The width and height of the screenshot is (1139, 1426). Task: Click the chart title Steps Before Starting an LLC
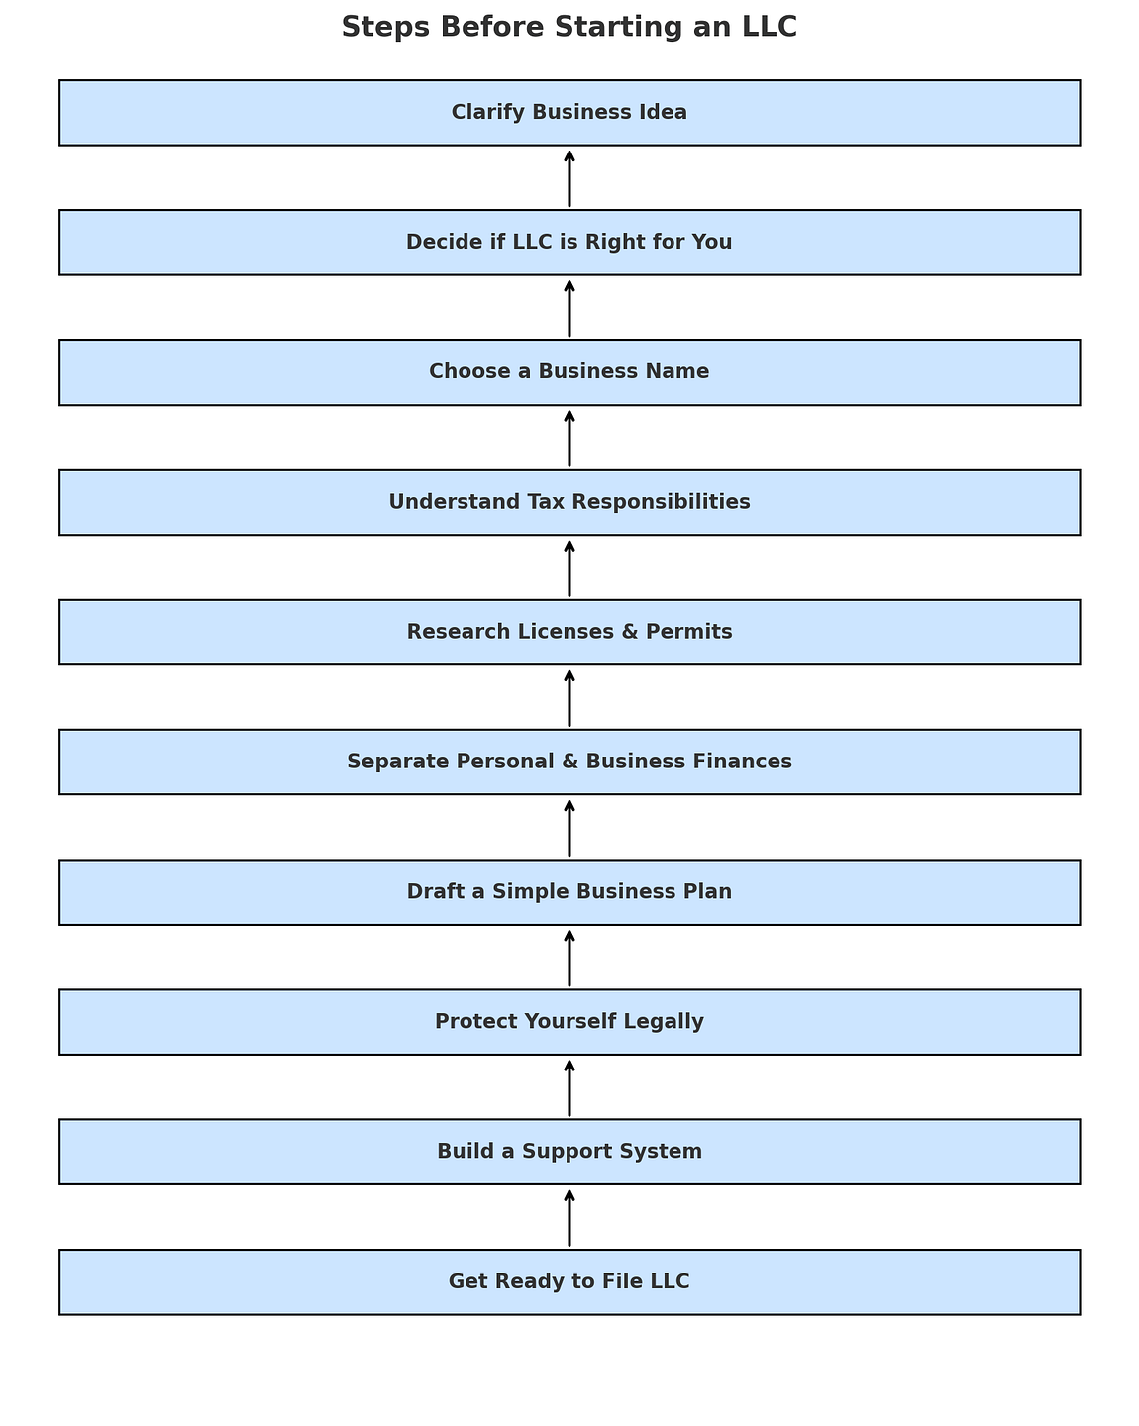coord(569,27)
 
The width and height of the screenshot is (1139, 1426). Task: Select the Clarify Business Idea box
coord(569,113)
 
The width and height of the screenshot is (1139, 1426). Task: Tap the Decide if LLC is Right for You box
coord(569,243)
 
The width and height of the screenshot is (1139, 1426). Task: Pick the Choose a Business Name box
coord(569,372)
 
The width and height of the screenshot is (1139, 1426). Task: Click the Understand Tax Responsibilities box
coord(569,503)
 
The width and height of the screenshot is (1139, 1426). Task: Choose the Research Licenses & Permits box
coord(569,633)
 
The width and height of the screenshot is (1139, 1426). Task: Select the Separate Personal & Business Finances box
coord(569,763)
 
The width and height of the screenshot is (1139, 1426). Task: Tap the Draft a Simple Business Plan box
coord(569,892)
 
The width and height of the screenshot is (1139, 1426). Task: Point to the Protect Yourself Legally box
coord(569,1022)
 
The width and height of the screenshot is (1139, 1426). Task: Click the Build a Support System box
coord(569,1153)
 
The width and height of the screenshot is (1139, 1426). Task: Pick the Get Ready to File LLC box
coord(569,1282)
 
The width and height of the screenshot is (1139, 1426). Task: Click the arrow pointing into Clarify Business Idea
coord(569,178)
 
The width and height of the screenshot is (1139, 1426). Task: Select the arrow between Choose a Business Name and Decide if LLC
coord(569,308)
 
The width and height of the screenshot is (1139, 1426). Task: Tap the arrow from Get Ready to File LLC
coord(569,1218)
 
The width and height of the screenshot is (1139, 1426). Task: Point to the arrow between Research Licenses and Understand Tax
coord(569,568)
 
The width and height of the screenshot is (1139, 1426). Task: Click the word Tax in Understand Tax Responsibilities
coord(547,502)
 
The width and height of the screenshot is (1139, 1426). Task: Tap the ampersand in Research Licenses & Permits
coord(629,632)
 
